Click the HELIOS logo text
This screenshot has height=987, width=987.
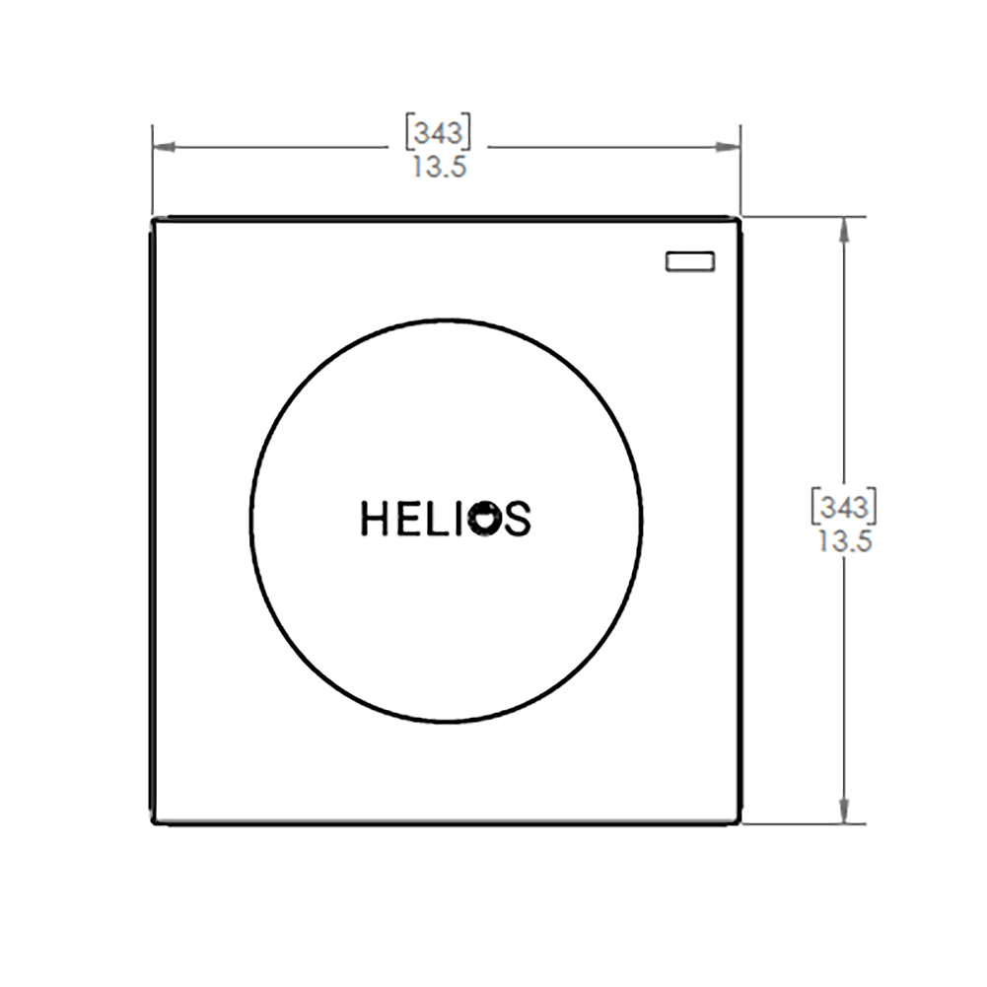[446, 519]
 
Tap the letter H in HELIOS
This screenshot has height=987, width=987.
[375, 519]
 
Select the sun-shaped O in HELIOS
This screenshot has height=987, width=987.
[485, 519]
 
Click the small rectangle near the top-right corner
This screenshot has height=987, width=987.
[690, 261]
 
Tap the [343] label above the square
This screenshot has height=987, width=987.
[438, 133]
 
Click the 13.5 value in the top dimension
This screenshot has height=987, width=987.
[439, 168]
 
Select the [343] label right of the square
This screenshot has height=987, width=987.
[843, 506]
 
